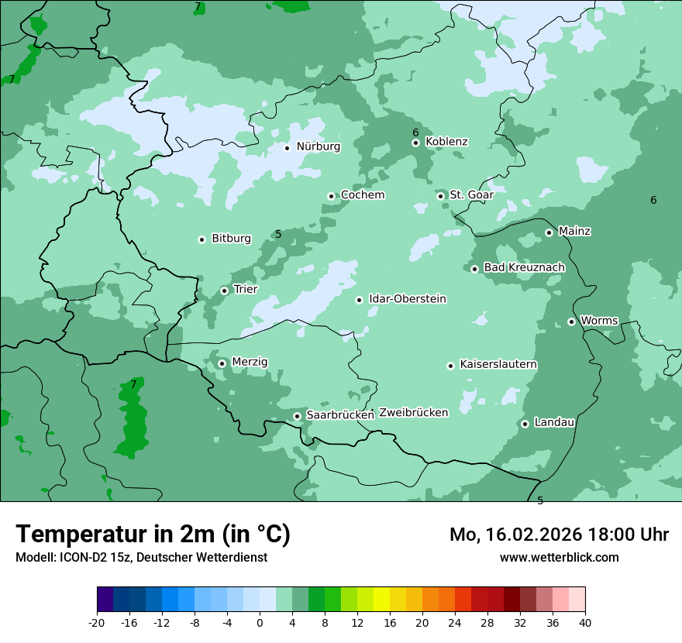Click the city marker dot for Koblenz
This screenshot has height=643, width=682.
[415, 143]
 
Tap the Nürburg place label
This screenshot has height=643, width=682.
[318, 146]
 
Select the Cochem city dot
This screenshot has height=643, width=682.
[331, 196]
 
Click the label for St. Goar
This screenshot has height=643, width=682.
[471, 194]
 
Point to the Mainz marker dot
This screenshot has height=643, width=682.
[549, 232]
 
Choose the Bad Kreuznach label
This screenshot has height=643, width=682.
[524, 267]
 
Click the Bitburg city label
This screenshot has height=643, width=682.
[231, 239]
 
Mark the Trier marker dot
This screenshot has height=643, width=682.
[224, 291]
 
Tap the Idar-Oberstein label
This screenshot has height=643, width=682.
[407, 299]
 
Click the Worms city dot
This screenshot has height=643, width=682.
[571, 321]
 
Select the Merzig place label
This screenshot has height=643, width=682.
[250, 362]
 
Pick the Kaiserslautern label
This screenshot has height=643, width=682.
[498, 364]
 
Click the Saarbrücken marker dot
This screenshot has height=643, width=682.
[297, 416]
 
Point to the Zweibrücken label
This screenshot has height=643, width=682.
[413, 413]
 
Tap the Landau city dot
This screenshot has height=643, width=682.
[525, 424]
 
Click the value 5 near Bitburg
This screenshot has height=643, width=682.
[278, 234]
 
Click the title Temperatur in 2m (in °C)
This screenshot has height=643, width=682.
[153, 534]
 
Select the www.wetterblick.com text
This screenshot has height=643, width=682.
[559, 557]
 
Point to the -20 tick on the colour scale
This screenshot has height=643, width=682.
[97, 623]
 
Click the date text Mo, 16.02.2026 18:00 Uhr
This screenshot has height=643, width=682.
[559, 535]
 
